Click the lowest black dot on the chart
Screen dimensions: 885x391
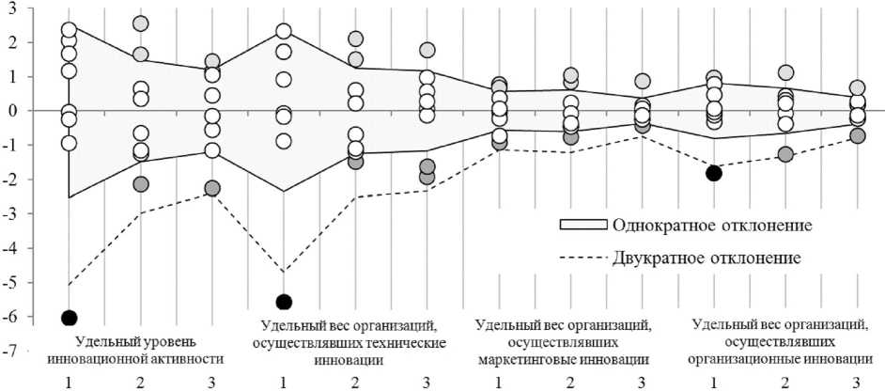click(69, 318)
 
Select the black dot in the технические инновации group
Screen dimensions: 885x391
click(284, 302)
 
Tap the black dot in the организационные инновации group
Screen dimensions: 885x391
click(714, 172)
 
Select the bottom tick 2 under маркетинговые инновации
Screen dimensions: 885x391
click(570, 383)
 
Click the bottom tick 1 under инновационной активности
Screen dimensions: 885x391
click(69, 383)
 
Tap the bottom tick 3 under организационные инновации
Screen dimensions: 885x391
click(857, 383)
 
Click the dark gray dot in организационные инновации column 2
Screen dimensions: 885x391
click(785, 154)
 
